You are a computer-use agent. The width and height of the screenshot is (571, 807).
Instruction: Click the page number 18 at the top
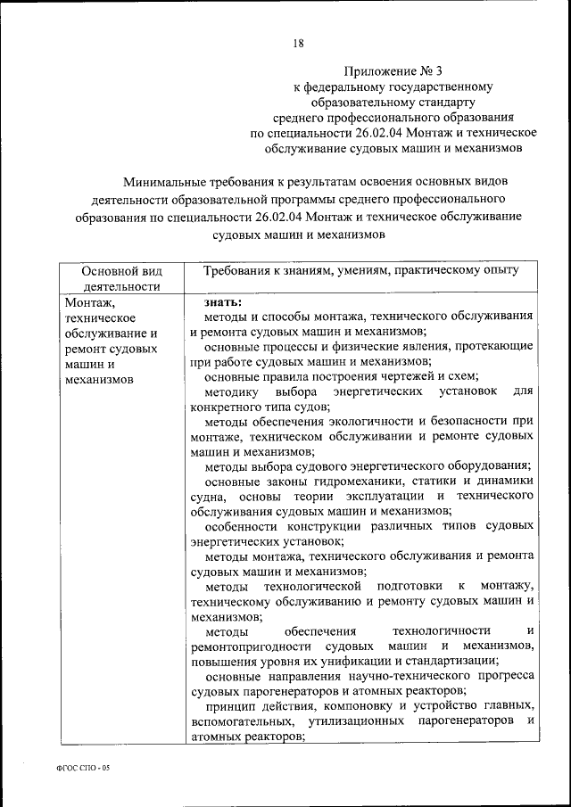click(298, 43)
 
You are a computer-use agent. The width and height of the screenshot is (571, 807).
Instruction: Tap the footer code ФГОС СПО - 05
click(81, 768)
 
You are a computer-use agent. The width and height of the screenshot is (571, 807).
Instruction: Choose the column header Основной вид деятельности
click(120, 277)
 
